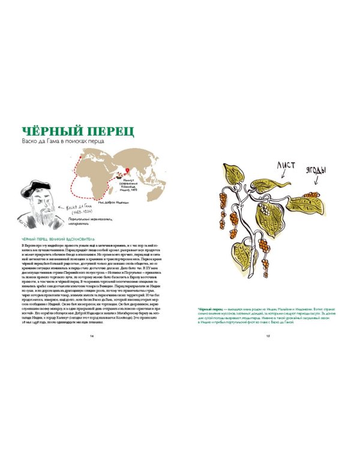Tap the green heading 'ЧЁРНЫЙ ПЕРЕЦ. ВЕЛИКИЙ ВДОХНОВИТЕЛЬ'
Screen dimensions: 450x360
pos(59,241)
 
